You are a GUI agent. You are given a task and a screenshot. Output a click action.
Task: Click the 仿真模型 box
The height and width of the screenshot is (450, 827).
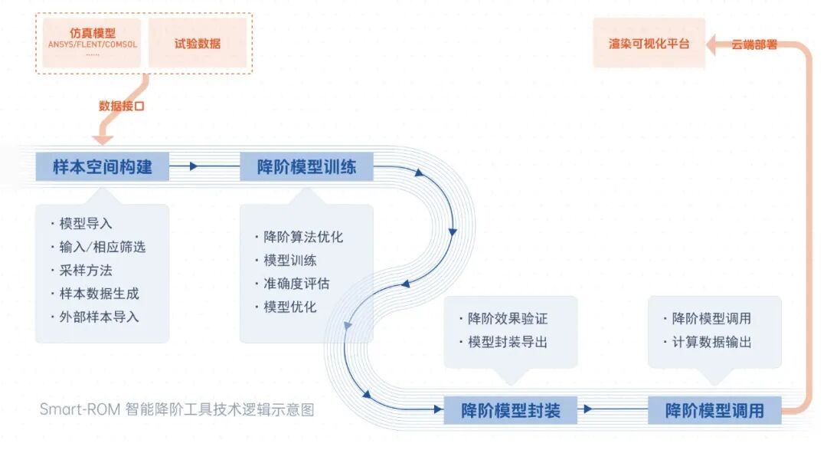[92, 43]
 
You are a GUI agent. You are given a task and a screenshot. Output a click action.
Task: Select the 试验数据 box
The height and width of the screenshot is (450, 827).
[198, 43]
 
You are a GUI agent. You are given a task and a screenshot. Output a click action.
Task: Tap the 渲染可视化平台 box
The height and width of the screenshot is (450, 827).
[649, 43]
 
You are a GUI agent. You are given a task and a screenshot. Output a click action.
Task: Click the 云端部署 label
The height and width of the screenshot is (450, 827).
[753, 45]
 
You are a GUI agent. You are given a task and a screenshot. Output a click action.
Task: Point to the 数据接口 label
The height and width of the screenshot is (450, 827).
[121, 106]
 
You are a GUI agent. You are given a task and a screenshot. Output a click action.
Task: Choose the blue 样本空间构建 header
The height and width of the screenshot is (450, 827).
[103, 167]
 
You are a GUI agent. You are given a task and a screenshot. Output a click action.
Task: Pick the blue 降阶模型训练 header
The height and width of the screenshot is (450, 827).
[306, 167]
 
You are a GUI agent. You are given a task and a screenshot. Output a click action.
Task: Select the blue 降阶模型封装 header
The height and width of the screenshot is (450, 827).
[511, 410]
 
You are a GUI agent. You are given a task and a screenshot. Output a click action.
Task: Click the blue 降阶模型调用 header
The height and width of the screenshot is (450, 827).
[714, 410]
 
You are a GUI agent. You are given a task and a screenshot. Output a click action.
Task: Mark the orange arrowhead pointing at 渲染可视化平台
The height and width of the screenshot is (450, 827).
[711, 45]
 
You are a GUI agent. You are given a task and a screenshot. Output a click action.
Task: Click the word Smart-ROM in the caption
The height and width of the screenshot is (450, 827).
[80, 409]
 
